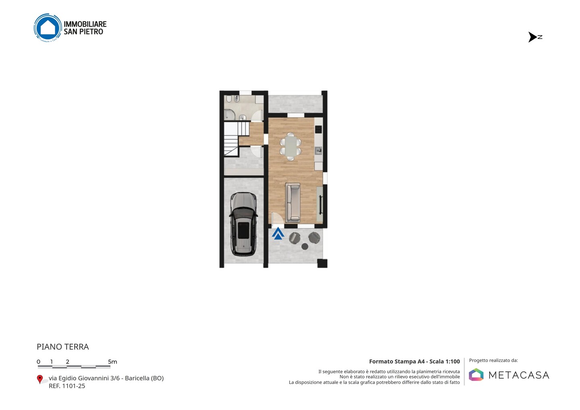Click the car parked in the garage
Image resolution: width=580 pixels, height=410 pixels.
(x=244, y=224)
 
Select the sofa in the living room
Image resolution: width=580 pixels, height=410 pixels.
(x=293, y=203)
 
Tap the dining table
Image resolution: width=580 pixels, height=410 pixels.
(x=290, y=147)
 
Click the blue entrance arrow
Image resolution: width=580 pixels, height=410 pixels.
(x=278, y=234)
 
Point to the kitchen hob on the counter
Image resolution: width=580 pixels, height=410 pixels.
(x=319, y=129)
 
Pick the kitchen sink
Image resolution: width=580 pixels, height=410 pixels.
(x=319, y=150)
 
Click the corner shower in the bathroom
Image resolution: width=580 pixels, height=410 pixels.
(x=230, y=115)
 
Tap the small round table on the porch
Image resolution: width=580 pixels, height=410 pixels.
(x=305, y=246)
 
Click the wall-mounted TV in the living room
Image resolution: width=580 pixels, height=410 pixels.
(x=321, y=205)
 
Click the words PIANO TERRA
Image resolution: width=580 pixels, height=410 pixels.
(x=63, y=347)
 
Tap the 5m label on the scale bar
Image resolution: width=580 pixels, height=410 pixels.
(x=112, y=362)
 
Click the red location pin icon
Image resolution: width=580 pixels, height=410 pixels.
(x=39, y=379)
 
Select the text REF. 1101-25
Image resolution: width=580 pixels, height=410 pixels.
(x=67, y=386)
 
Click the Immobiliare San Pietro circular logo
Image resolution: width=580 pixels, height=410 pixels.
(x=48, y=28)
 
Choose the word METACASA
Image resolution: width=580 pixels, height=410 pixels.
(x=519, y=375)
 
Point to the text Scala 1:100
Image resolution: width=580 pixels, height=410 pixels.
(x=445, y=361)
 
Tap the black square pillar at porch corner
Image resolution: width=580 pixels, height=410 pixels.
(x=322, y=263)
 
